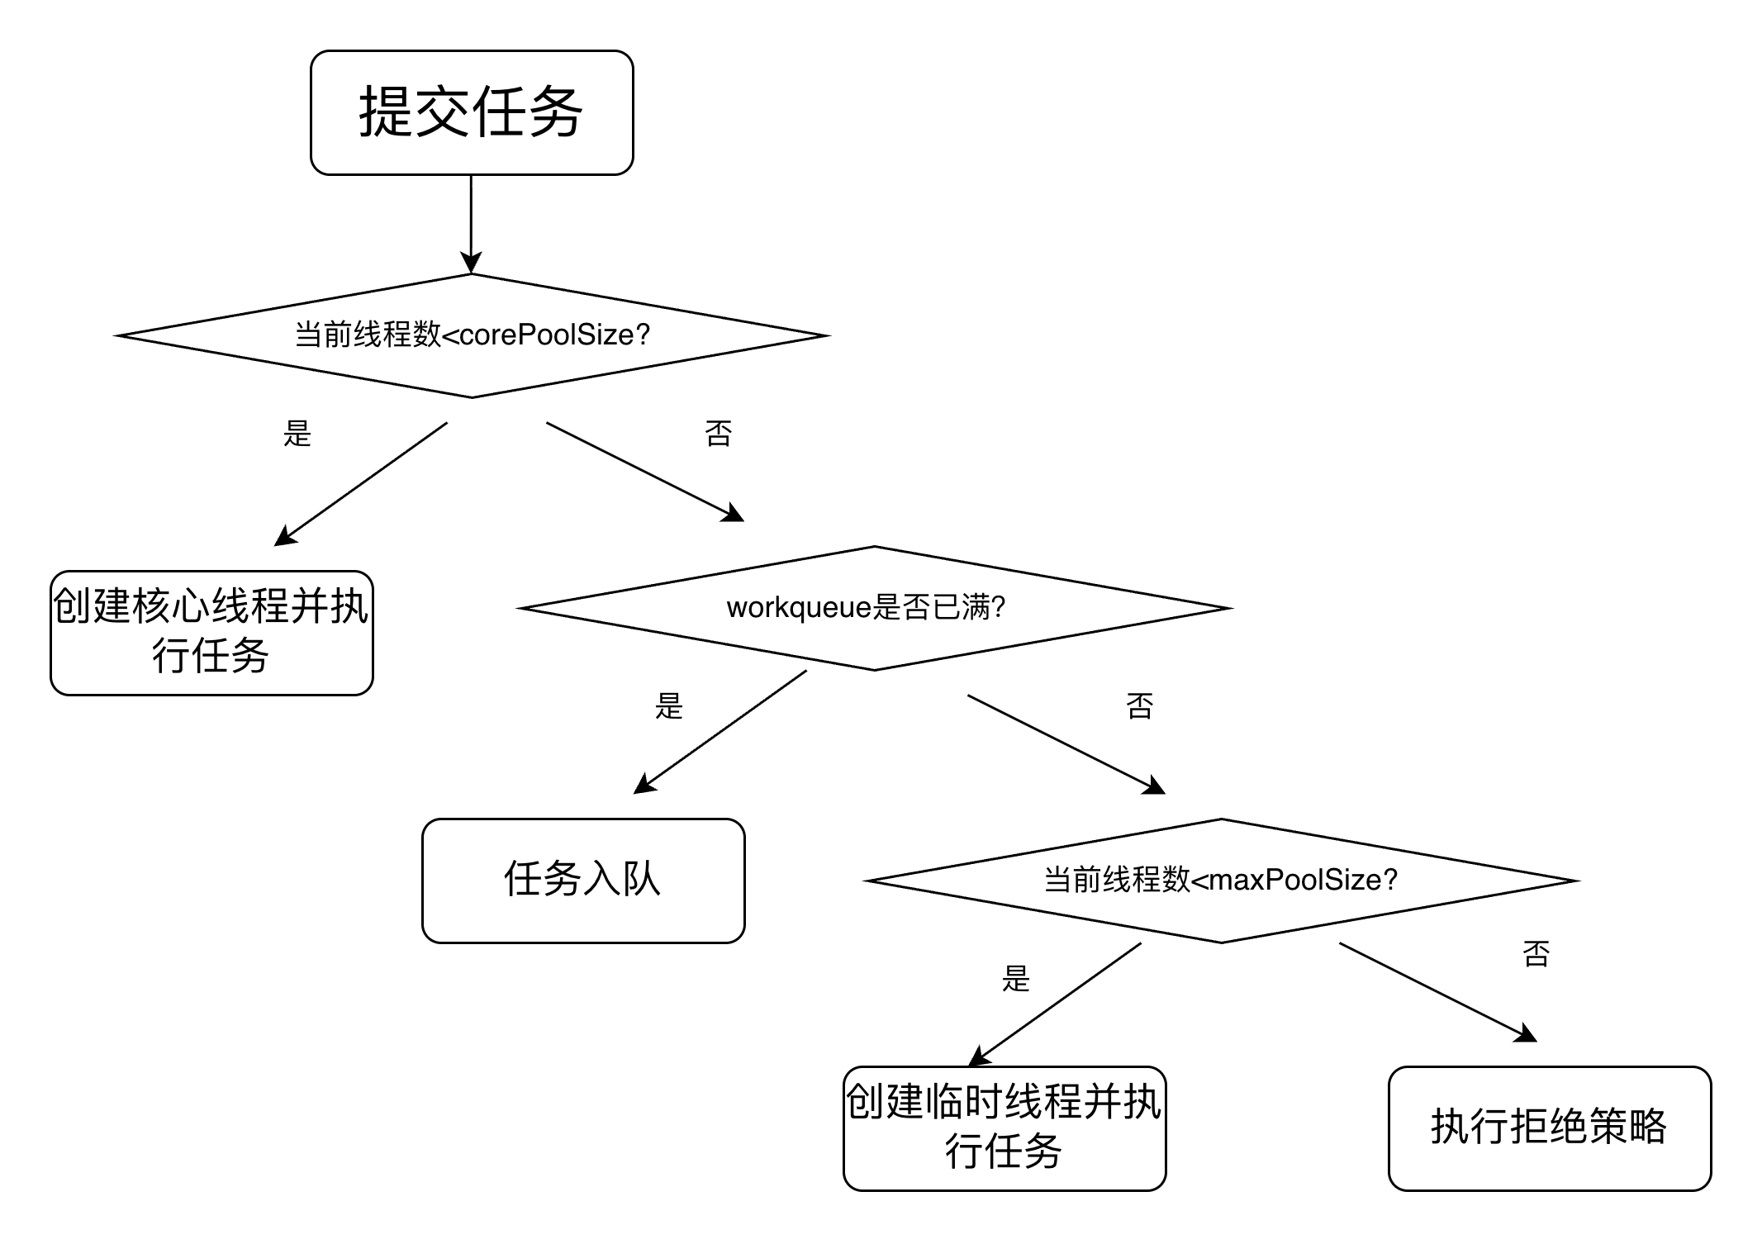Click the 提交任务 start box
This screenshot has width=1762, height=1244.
coord(472,112)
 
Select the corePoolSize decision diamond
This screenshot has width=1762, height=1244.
coord(472,335)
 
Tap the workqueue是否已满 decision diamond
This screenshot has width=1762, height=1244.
coord(874,608)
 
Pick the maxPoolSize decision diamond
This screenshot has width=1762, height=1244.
coord(1221,881)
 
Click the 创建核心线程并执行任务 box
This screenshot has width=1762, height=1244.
coord(211,633)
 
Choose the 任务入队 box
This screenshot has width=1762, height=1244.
coord(583,881)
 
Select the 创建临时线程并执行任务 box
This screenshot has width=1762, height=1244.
coord(1004,1128)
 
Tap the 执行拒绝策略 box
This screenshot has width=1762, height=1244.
coord(1550,1128)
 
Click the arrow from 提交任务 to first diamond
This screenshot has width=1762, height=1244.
coord(471,223)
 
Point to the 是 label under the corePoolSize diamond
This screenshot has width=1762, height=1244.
coord(297,433)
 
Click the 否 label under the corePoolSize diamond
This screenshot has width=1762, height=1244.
coord(719,433)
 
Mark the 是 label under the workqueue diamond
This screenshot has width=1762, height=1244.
coord(669,705)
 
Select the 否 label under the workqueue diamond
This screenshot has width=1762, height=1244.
coord(1140,705)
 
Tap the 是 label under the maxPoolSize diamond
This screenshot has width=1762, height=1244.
coord(1016,978)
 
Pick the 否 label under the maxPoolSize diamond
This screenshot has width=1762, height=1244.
coord(1536,953)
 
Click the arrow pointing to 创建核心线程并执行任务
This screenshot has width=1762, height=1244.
coord(361,484)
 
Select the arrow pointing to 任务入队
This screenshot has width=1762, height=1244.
coord(720,732)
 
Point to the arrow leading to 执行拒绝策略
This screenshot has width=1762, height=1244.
coord(1437,991)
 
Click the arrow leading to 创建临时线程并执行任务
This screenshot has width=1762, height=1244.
coord(1056,1004)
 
